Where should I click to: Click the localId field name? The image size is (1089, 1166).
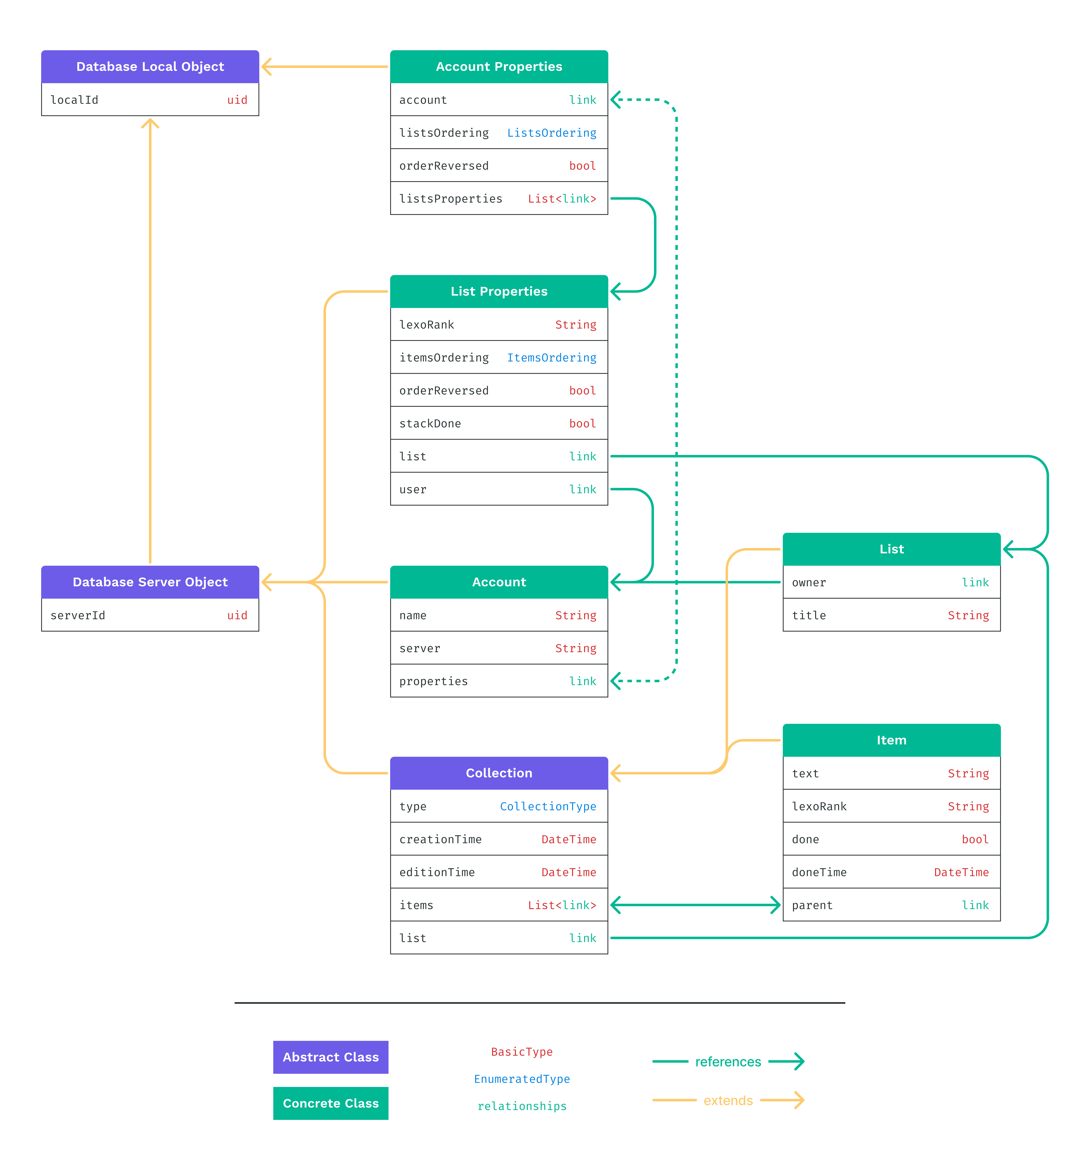[x=74, y=100]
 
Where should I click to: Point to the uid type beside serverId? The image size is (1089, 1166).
[x=237, y=615]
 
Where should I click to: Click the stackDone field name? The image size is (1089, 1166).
[x=430, y=423]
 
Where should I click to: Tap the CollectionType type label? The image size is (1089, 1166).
[x=548, y=806]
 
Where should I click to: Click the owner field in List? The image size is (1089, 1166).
[x=809, y=582]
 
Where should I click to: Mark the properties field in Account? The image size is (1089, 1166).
[x=433, y=681]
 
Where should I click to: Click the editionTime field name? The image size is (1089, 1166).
[x=437, y=872]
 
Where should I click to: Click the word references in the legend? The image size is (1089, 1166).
[x=728, y=1062]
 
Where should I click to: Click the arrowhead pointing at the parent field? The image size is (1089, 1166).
[x=775, y=905]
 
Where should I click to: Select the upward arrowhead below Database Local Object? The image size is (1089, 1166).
[x=150, y=123]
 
